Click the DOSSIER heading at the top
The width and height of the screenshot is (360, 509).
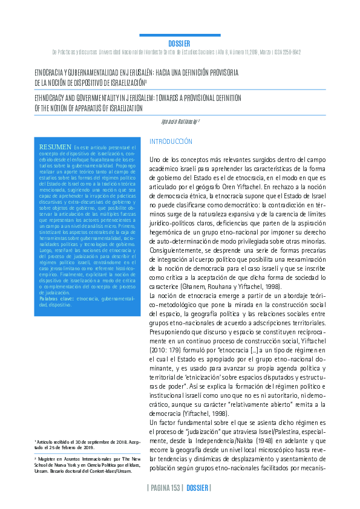179,44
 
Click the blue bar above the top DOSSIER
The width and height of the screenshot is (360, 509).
180,36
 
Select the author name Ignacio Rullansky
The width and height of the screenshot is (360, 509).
179,121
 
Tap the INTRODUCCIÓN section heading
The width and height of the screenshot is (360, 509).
171,141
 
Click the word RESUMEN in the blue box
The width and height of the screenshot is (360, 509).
55,147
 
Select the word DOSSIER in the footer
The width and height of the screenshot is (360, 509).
198,488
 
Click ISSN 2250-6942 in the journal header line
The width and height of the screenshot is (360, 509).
284,53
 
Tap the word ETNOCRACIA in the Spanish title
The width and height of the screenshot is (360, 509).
50,71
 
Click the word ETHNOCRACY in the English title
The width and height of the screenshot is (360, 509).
51,97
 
